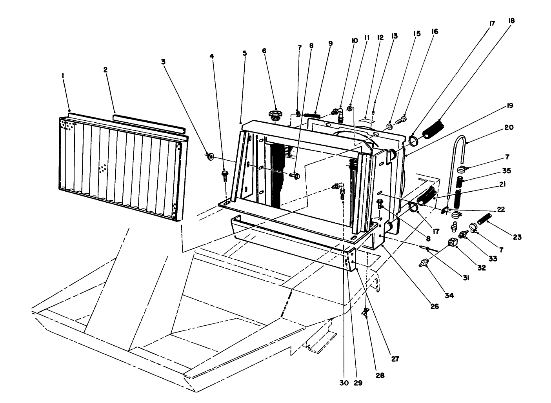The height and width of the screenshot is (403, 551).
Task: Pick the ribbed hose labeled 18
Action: point(434,130)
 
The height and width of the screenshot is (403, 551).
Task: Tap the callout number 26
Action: point(434,307)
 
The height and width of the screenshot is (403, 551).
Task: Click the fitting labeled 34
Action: point(424,263)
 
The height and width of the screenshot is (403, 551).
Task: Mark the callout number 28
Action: point(380,375)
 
